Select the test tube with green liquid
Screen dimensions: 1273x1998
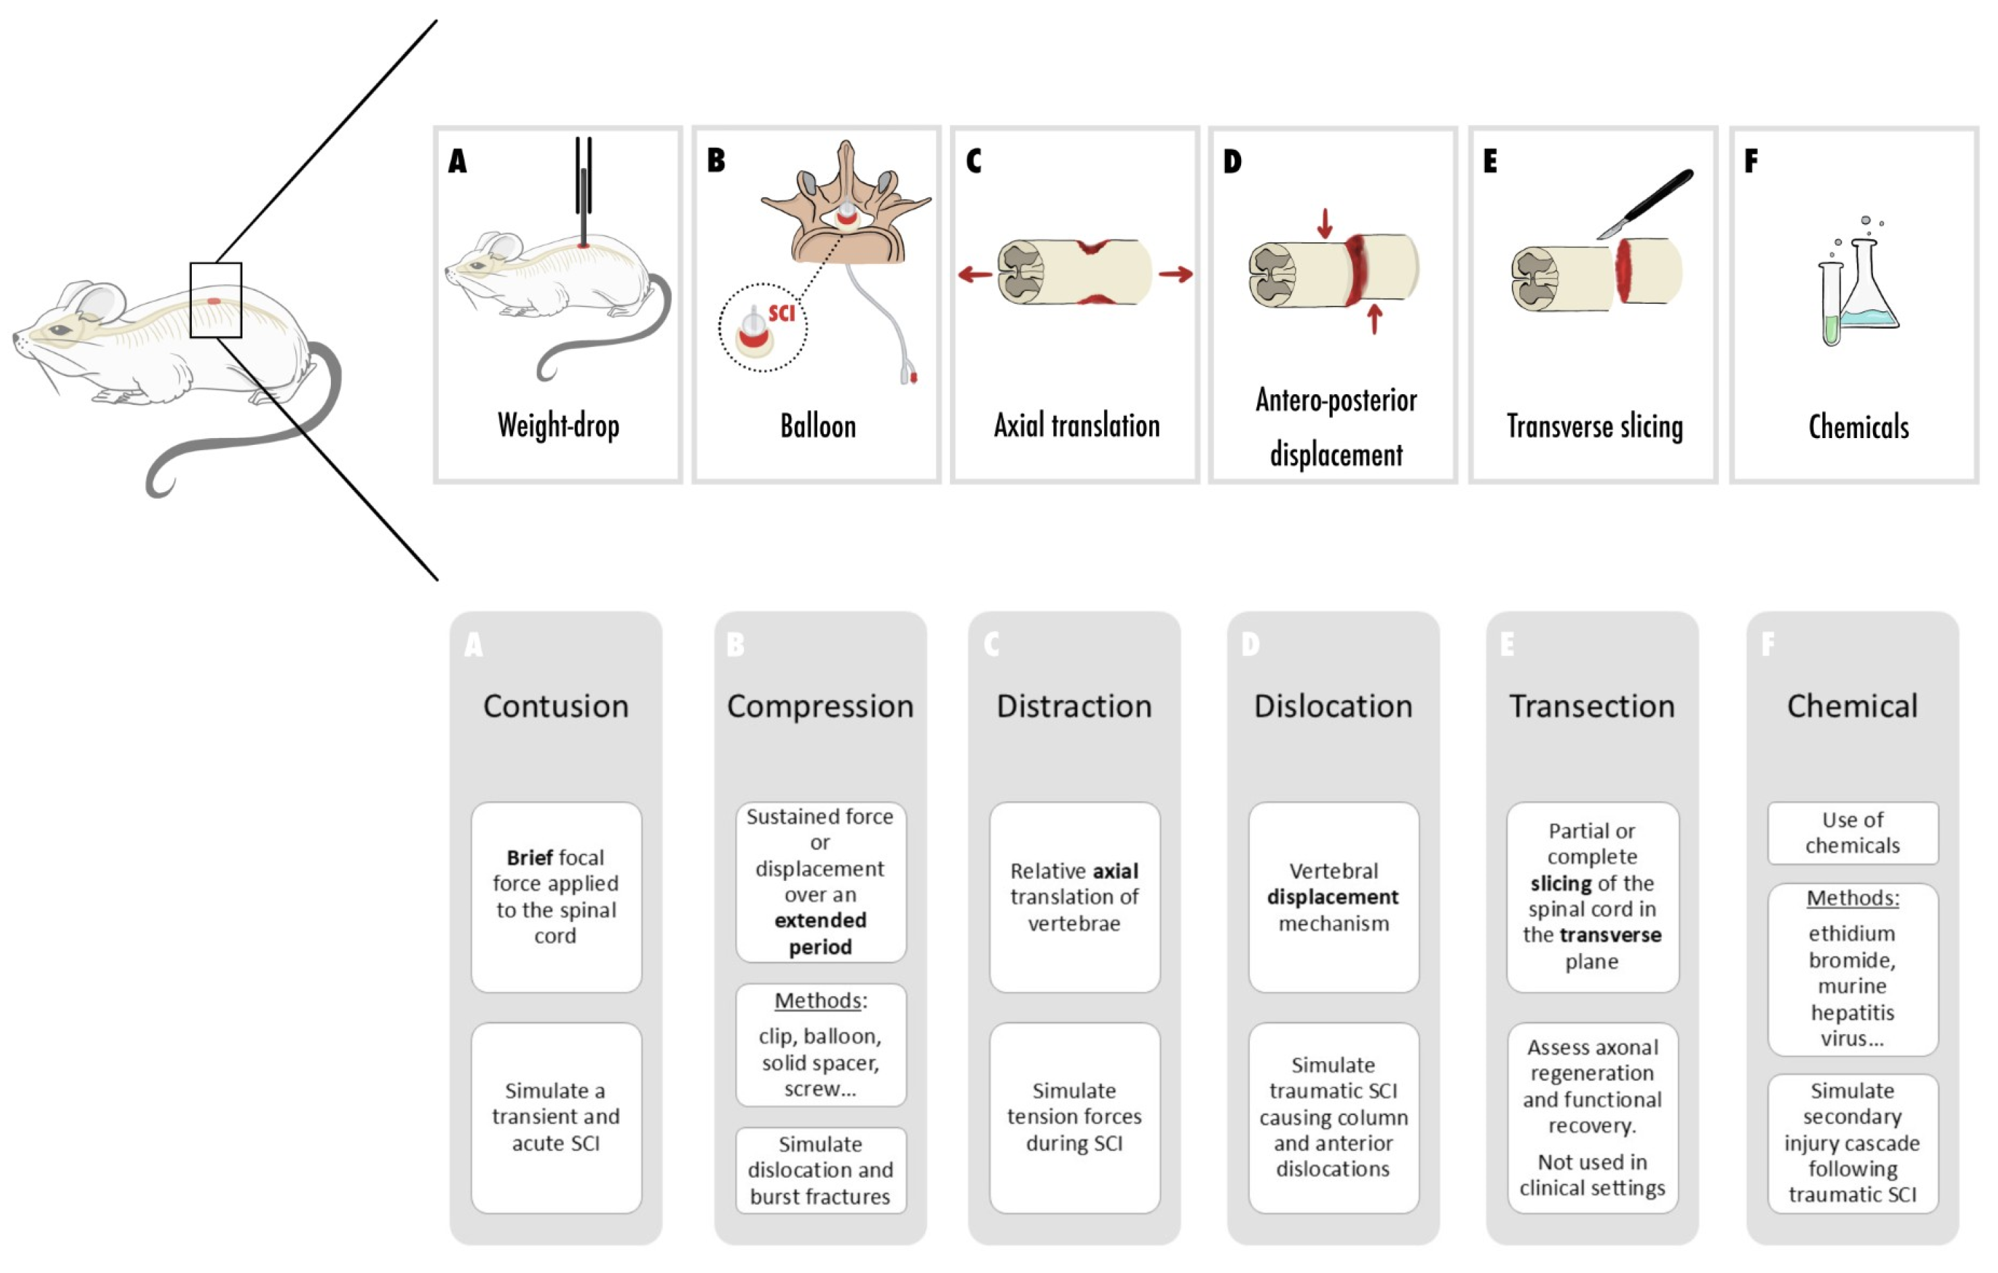click(1831, 307)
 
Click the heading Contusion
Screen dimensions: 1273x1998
click(555, 707)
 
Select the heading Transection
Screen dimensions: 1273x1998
click(1591, 707)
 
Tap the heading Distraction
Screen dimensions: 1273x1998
click(1074, 707)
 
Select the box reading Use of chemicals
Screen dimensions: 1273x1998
click(1852, 833)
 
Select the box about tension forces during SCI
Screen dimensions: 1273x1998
click(1074, 1118)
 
